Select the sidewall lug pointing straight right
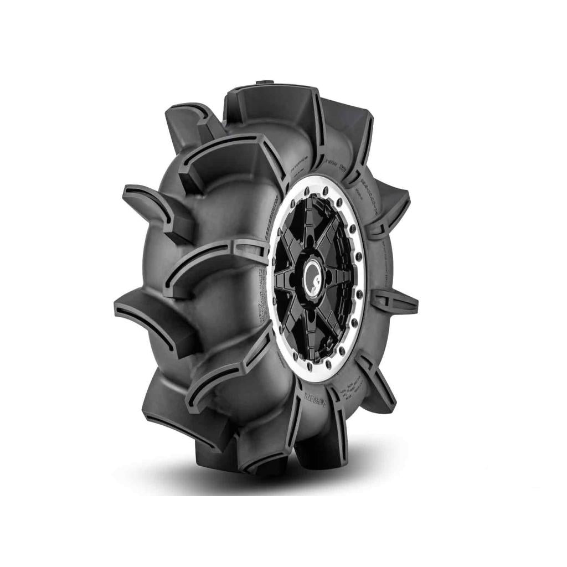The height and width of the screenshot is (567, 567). pos(398,301)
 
